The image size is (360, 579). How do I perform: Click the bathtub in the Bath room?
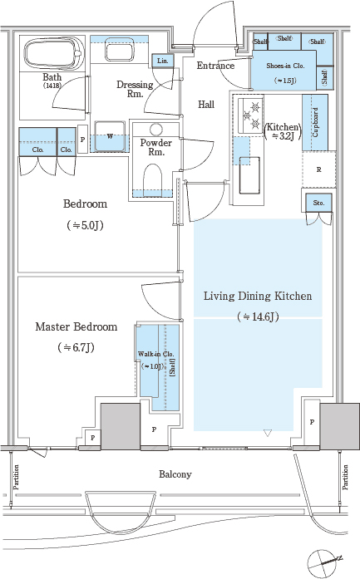coord(52,53)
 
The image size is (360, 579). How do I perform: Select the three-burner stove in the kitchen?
coord(250,115)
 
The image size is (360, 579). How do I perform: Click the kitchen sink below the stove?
coord(249,175)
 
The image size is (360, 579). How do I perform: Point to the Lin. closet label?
coord(163,61)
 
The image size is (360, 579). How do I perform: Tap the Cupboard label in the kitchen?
coord(315,122)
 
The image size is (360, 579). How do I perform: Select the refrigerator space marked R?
coord(319,169)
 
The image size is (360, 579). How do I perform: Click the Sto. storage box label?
coord(318,203)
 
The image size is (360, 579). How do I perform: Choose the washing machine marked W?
coord(110,136)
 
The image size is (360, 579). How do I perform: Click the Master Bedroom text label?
coord(76,326)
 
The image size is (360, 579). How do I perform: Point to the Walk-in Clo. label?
coord(155,354)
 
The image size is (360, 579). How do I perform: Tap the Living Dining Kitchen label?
coord(258,297)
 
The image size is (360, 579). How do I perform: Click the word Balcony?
coord(175,474)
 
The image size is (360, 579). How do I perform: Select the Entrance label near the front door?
coord(215,66)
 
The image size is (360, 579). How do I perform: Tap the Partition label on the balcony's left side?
coord(16,477)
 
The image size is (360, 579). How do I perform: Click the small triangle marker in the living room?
coord(268,433)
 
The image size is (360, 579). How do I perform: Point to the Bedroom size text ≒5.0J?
coord(85,225)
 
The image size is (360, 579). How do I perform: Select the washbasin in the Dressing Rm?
coord(116,50)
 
